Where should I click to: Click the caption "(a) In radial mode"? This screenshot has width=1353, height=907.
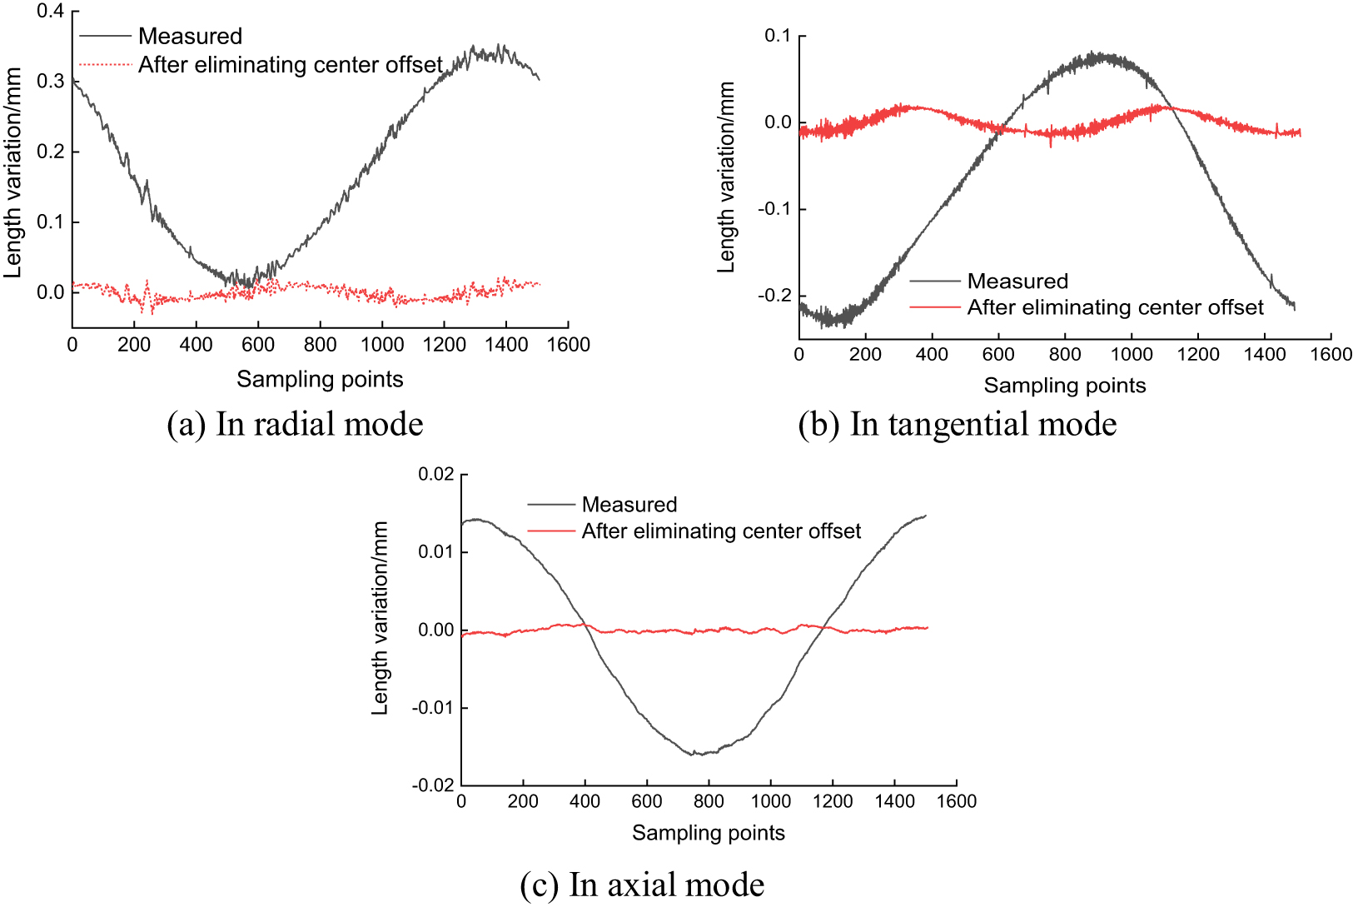(x=295, y=424)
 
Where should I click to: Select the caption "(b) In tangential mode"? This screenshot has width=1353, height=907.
(x=958, y=424)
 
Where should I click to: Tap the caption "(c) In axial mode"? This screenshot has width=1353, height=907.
(x=642, y=885)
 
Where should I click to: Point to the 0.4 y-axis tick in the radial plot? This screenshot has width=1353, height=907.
(x=50, y=11)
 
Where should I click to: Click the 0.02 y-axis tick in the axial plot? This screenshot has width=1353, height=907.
(x=435, y=475)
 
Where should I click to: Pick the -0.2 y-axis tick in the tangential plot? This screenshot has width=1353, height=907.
(x=773, y=296)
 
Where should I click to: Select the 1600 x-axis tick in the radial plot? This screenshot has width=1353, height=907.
(x=568, y=345)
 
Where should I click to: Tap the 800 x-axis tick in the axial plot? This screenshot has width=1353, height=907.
(x=709, y=801)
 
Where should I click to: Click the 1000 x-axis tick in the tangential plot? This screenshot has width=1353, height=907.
(x=1132, y=354)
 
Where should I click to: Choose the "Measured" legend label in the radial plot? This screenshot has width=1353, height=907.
(x=191, y=37)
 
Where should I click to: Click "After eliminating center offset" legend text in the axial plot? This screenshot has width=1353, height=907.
(x=721, y=531)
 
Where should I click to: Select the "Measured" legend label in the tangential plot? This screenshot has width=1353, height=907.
(x=1017, y=281)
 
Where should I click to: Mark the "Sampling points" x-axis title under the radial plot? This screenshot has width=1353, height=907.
(x=320, y=380)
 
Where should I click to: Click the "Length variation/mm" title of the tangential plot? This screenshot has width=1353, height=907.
(x=725, y=177)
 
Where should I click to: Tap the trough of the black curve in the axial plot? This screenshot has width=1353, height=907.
(x=694, y=754)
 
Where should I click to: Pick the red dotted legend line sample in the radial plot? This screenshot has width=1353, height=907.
(x=105, y=65)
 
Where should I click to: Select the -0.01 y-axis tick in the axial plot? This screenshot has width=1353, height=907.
(x=433, y=708)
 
